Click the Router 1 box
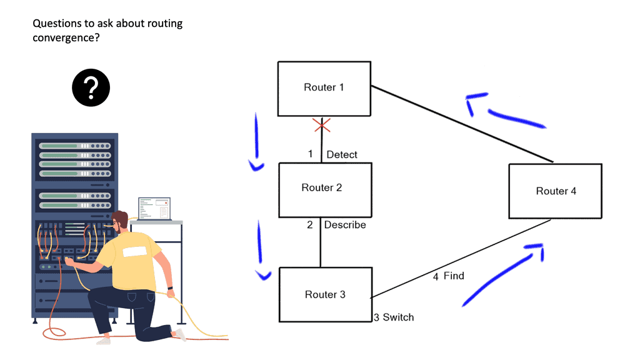coord(324,88)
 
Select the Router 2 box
coord(324,188)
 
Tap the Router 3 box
coord(324,294)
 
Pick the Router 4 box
coord(555,191)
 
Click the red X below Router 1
coord(322,126)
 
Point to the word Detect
coord(342,154)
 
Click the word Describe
coord(345,224)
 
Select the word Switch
coord(398,317)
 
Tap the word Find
coord(454,276)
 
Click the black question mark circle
coord(91,87)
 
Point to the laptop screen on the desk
coord(154,209)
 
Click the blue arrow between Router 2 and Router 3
coord(259,250)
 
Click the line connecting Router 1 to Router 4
coord(462,124)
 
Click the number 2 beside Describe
coord(310,224)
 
